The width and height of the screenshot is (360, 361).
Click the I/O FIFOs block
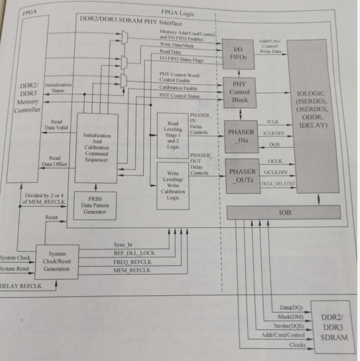(238, 54)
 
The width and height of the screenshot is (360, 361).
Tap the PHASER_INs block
(241, 136)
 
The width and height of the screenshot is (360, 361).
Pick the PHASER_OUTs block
(241, 176)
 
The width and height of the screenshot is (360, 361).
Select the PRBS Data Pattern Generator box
(95, 204)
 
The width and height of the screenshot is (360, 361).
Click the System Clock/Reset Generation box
(57, 261)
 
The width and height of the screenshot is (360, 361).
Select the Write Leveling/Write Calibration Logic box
(173, 185)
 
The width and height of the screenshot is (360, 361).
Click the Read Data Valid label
(56, 125)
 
